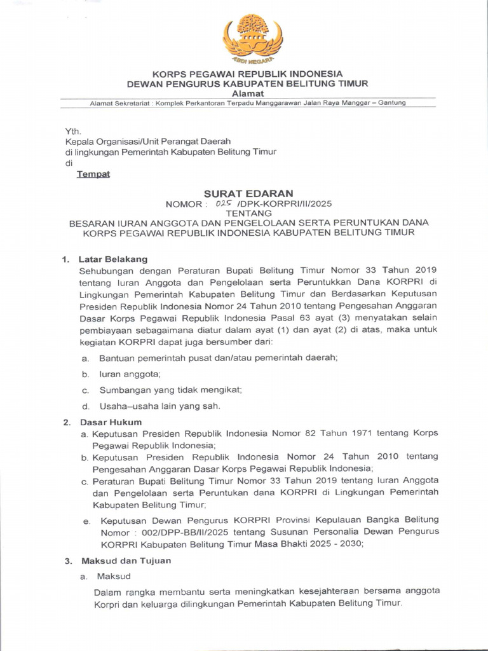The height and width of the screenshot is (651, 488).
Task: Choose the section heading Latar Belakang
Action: tap(112, 259)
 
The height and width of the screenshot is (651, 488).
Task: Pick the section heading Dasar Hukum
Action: tap(110, 422)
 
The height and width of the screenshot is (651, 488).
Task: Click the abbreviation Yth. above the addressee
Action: tap(74, 131)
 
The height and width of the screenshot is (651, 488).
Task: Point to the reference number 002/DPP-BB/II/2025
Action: tap(173, 531)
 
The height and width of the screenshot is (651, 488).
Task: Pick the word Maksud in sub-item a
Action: tap(113, 577)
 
